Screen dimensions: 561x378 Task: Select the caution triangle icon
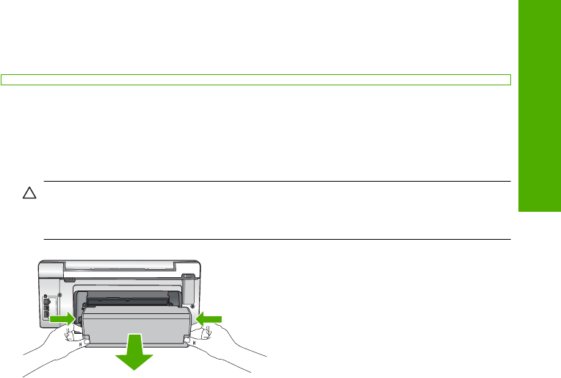pos(29,194)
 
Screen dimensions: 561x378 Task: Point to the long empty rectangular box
pos(256,79)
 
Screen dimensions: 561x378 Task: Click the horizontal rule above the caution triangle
pos(277,182)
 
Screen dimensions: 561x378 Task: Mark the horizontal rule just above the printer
pos(277,239)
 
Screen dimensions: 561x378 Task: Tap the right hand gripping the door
pos(220,346)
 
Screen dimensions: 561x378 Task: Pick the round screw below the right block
pos(192,303)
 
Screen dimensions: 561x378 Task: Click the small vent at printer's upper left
pos(70,279)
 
